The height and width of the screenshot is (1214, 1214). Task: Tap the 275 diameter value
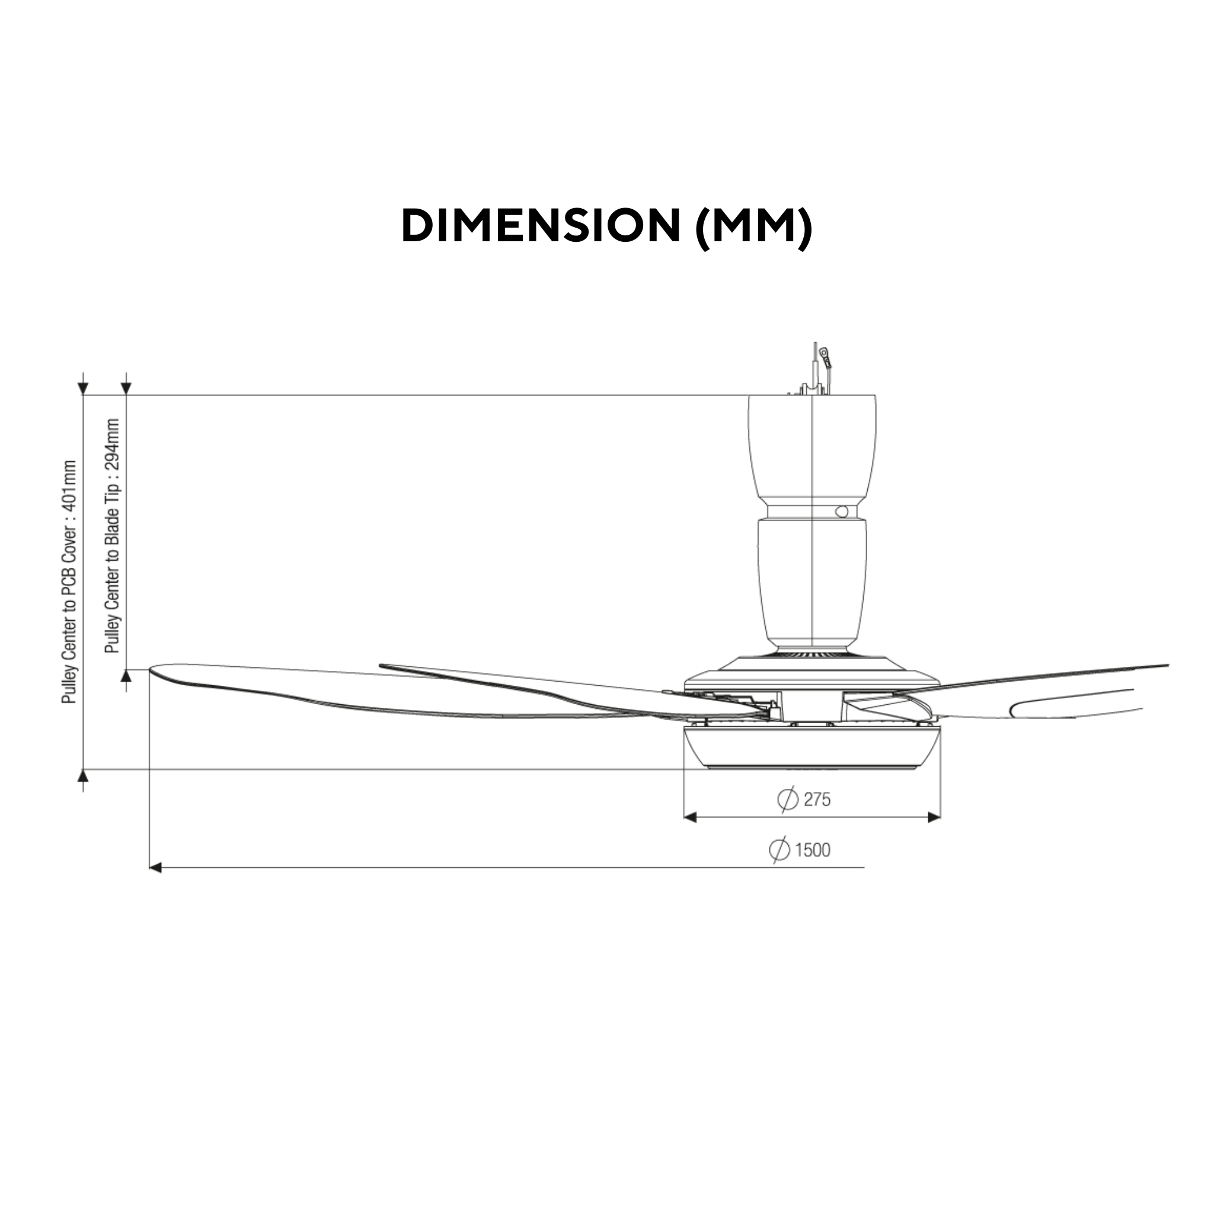pos(817,800)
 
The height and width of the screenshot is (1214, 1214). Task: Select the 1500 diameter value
pos(813,850)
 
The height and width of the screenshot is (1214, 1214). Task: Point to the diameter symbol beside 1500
pos(779,850)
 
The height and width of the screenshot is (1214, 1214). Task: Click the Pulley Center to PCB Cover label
pos(69,582)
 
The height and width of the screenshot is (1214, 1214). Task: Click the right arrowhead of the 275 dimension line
pos(934,817)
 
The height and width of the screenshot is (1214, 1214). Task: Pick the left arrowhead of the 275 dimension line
pos(690,817)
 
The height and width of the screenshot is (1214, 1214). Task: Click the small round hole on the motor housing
pos(841,512)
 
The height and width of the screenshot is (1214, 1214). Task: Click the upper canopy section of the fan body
pos(812,446)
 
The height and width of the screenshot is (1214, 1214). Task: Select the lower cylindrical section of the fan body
pos(812,582)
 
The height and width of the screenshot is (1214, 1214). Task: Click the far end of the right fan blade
pos(1165,666)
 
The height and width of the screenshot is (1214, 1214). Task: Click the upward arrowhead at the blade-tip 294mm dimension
pos(127,676)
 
